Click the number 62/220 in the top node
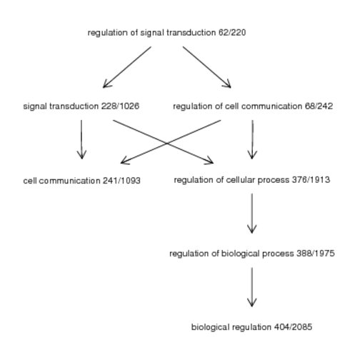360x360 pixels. (232, 32)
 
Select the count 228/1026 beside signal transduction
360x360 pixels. (120, 106)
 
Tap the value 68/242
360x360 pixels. (319, 106)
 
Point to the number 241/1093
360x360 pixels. (121, 181)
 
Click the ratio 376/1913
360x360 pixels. (311, 179)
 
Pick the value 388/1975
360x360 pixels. (316, 254)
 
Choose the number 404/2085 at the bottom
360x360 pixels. (293, 327)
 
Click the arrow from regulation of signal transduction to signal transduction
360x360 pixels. (127, 67)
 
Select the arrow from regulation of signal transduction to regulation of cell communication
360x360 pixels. (207, 67)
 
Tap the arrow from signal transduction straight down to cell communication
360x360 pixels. (81, 139)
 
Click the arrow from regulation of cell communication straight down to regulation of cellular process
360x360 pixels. (252, 139)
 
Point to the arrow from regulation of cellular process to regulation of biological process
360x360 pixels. (252, 214)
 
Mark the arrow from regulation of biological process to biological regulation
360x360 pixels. (252, 287)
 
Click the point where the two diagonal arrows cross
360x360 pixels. (167, 144)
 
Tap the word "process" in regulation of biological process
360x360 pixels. (278, 254)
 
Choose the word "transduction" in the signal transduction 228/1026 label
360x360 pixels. (74, 106)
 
